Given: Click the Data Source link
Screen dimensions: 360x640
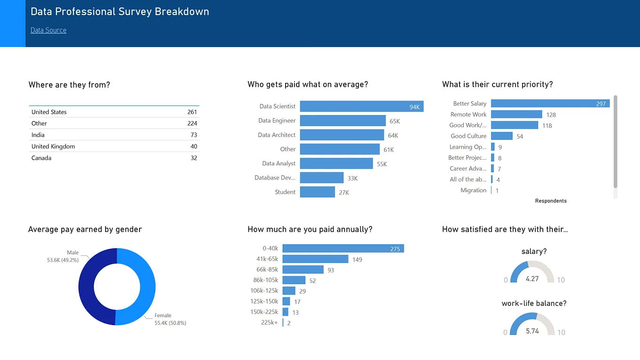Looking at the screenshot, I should [49, 30].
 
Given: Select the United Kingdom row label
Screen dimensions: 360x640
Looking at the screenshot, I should [53, 147].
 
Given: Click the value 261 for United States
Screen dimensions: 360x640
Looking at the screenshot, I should [192, 112].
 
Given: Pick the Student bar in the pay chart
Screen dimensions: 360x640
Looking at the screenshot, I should [317, 192].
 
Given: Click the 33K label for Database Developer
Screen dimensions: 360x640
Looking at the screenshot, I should [353, 179].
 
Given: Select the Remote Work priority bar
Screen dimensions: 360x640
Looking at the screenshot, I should [516, 115].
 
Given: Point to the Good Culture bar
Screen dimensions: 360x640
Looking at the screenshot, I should [501, 136].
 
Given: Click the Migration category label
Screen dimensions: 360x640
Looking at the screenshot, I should [473, 190].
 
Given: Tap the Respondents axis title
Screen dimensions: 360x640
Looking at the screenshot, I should [550, 201].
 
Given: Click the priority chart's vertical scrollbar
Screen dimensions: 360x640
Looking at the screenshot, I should [615, 141].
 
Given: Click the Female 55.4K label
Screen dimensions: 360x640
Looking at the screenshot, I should [170, 319].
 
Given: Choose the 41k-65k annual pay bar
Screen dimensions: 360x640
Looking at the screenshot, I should [315, 259].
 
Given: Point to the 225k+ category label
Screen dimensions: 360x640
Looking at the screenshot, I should [269, 323].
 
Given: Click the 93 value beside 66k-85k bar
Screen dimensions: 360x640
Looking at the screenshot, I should [331, 270].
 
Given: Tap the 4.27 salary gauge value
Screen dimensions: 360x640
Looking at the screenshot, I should [532, 278].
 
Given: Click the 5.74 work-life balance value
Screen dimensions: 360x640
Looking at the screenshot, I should [532, 331].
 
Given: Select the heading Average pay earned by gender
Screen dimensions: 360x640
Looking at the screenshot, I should [85, 229].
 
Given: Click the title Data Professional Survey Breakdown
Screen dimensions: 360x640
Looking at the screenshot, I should [120, 12].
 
